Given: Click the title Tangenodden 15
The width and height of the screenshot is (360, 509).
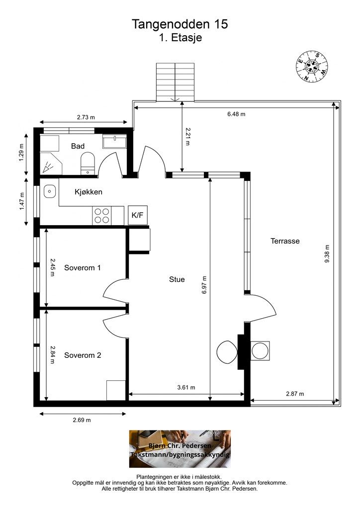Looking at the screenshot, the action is pos(180,24).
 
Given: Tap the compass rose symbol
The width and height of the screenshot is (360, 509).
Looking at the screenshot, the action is pos(312,66).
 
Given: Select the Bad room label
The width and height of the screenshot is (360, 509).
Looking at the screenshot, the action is pos(78,146).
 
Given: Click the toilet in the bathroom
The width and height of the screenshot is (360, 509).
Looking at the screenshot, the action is pos(88,164).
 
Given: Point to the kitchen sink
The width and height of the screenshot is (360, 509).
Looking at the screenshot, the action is pos(50,191).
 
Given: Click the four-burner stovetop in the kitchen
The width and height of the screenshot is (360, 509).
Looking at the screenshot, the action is pos(101,216).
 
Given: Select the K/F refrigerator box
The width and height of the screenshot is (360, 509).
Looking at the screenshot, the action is pos(138,215).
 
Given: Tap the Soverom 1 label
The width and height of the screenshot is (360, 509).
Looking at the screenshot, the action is pos(83,268).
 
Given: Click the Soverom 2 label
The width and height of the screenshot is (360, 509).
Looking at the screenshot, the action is pos(83,355).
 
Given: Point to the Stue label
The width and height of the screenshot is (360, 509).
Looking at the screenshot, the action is pos(177,279).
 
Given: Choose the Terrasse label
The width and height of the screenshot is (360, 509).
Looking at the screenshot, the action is pos(285,241).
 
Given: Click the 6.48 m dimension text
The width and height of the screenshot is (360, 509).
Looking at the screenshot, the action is pos(236,114).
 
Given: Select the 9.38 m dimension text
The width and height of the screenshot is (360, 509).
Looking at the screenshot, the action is pos(327,254).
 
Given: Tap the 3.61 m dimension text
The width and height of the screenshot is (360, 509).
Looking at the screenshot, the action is pos(186,387).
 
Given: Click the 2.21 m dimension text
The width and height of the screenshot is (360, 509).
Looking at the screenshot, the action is pos(187,136).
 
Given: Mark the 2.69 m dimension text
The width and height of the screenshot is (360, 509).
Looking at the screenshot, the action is pos(82,420).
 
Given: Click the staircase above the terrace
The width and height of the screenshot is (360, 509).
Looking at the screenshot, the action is pos(176,82).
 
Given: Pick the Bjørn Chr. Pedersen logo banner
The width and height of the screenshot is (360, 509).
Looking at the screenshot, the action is pos(180,449).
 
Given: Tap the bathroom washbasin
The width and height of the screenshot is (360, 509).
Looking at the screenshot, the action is pos(115,142).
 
